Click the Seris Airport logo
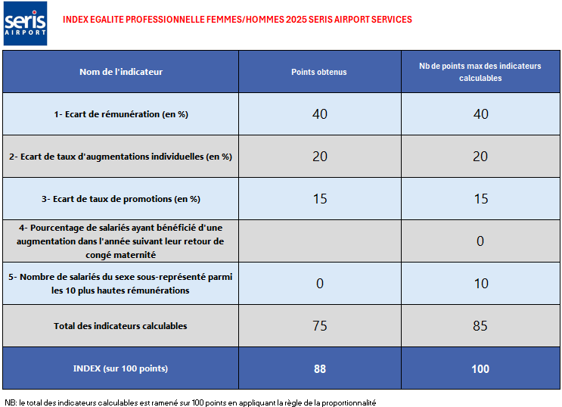[x=25, y=23]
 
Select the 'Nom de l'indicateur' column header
[x=121, y=72]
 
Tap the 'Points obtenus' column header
[x=319, y=72]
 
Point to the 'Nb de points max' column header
[x=480, y=72]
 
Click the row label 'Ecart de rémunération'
[x=121, y=114]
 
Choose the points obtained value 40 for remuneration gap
[x=319, y=114]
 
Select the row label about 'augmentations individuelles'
[x=121, y=157]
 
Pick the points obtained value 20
[x=319, y=157]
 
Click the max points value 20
[x=480, y=157]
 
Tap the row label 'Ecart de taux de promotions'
[x=121, y=199]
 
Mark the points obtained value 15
[x=319, y=199]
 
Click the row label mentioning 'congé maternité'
[x=121, y=241]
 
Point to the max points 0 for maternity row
[x=480, y=241]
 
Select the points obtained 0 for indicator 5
[x=319, y=284]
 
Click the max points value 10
[x=480, y=284]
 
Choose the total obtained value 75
[x=319, y=326]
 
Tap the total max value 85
[x=480, y=326]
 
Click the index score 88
[x=319, y=369]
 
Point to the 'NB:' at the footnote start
[x=10, y=402]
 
